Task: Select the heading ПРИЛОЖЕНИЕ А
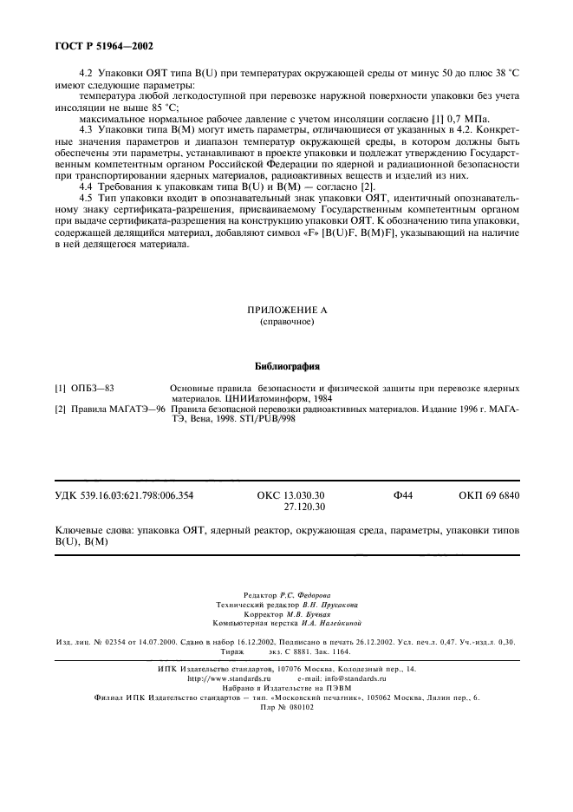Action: [x=286, y=310]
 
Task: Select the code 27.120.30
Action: [x=304, y=507]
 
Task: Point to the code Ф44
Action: [x=402, y=495]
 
